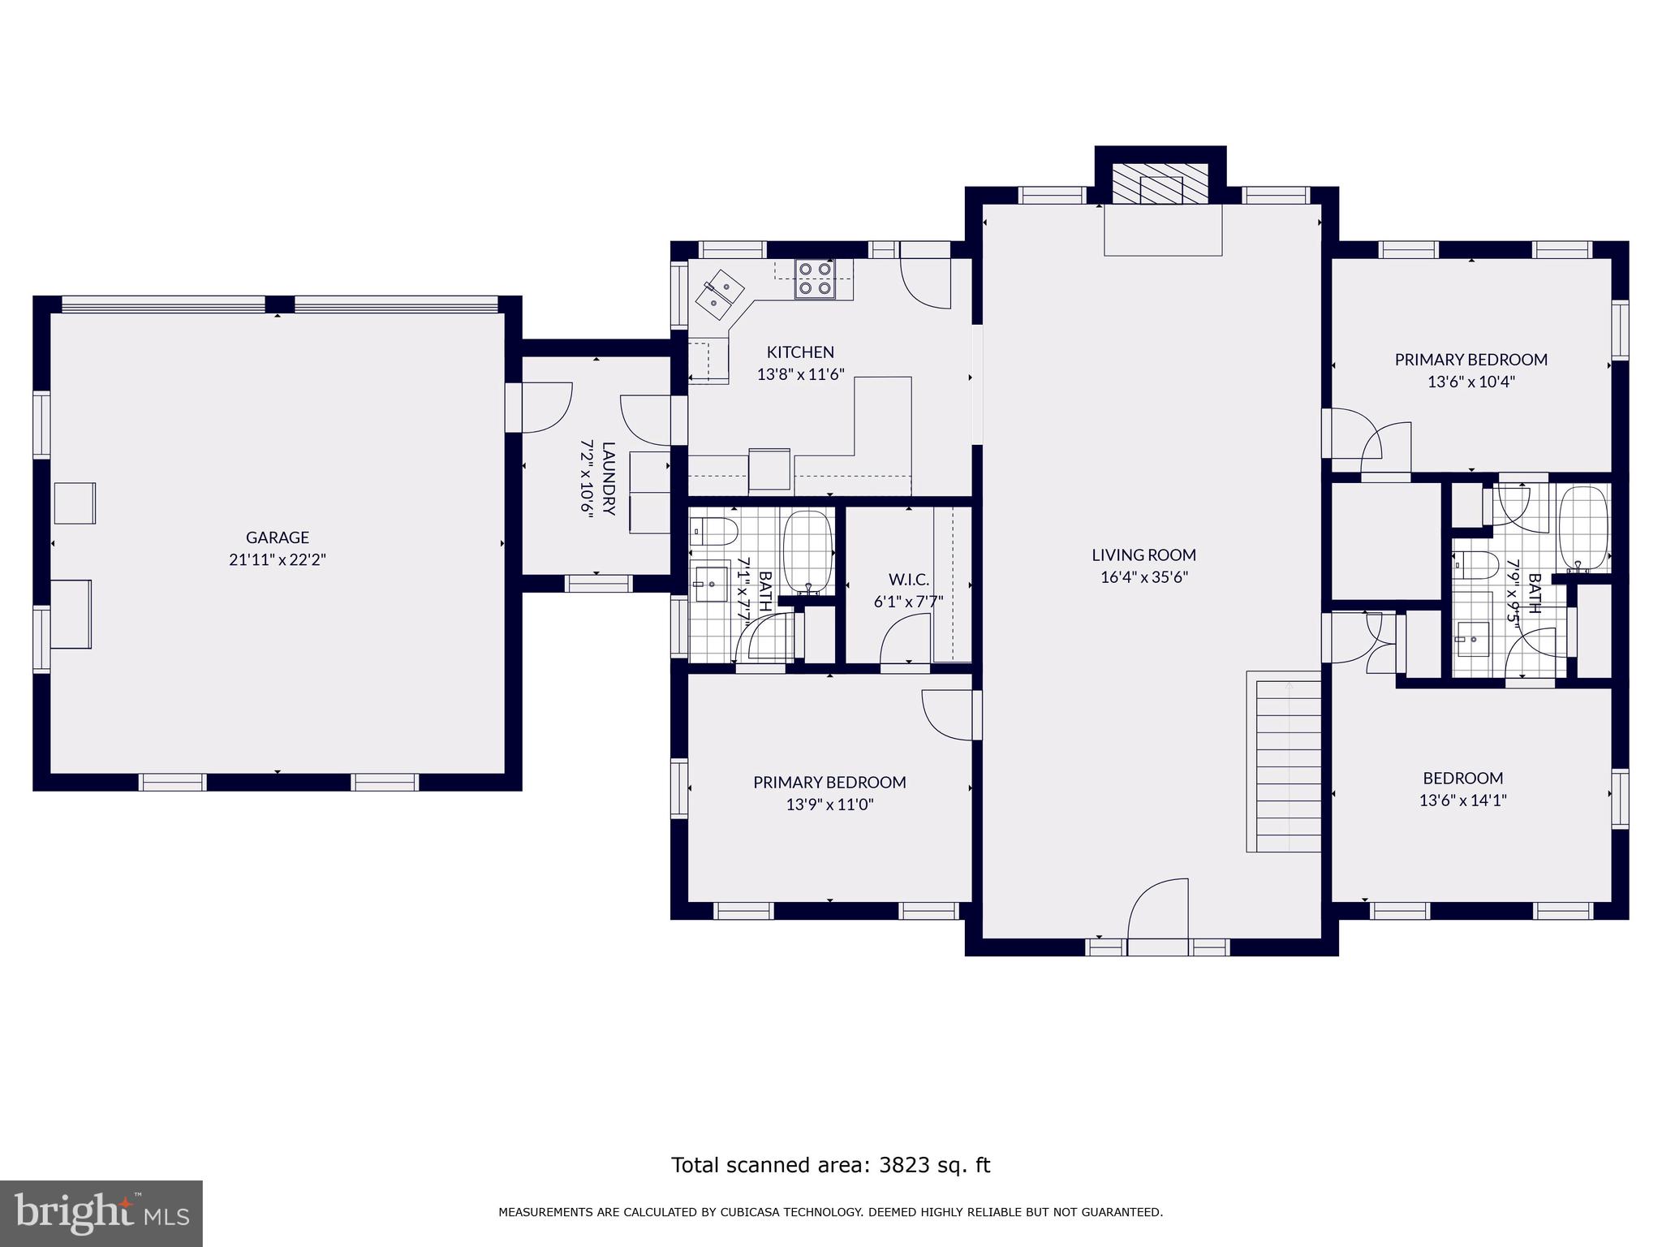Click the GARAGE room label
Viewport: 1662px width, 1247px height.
click(x=278, y=537)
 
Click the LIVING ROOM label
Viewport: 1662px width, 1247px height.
click(x=1143, y=555)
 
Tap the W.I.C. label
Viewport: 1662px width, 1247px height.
click(x=909, y=580)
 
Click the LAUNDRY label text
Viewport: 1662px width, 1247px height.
click(x=609, y=478)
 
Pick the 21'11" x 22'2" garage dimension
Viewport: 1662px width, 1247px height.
click(x=278, y=559)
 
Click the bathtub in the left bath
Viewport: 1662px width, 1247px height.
click(x=808, y=551)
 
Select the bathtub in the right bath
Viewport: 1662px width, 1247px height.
click(x=1582, y=528)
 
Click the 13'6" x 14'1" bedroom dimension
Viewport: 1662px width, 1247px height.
click(x=1462, y=800)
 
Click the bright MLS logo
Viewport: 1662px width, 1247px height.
click(x=101, y=1214)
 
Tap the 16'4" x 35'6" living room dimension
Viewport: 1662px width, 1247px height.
click(x=1143, y=577)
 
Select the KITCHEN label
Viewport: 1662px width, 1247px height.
click(x=800, y=352)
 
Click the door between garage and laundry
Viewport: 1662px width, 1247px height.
click(x=540, y=408)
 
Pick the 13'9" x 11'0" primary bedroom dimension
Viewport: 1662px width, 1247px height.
click(x=829, y=805)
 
